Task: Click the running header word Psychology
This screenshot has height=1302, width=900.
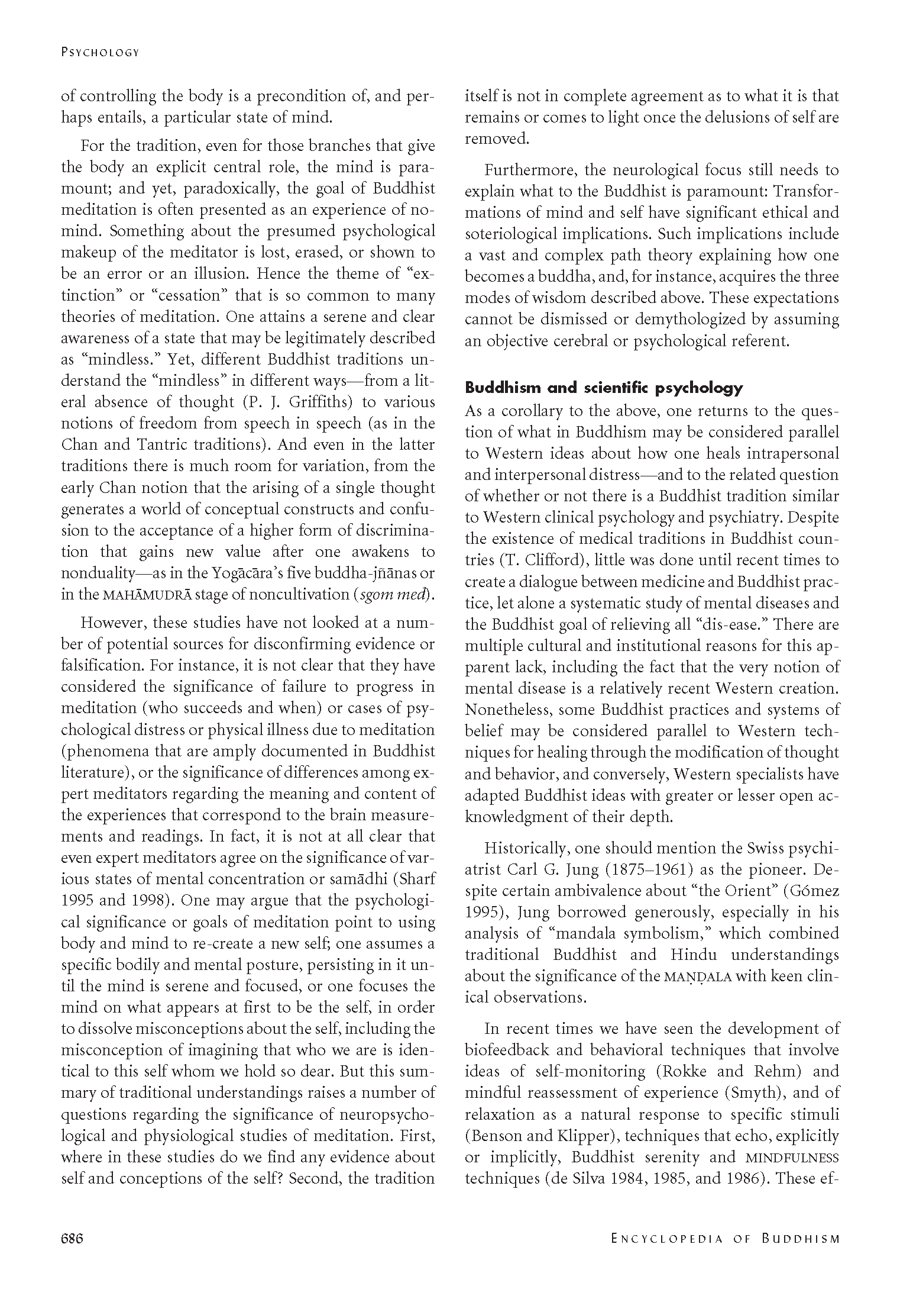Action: click(100, 53)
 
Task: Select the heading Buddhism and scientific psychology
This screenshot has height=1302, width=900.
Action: click(604, 388)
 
